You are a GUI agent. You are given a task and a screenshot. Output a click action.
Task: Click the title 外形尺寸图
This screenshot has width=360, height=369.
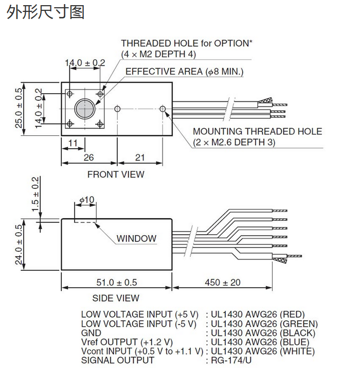pyautogui.click(x=45, y=12)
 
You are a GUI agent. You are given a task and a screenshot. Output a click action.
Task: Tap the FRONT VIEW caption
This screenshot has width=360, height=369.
pyautogui.click(x=116, y=174)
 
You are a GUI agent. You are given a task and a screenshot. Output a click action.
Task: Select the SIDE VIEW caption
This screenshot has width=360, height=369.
pyautogui.click(x=116, y=298)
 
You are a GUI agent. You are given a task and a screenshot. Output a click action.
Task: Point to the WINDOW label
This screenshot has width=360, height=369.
pyautogui.click(x=136, y=238)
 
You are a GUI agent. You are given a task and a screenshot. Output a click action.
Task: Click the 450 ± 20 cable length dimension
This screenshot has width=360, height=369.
pyautogui.click(x=223, y=282)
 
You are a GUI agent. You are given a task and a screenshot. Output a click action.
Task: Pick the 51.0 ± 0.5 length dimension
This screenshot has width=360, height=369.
pyautogui.click(x=117, y=282)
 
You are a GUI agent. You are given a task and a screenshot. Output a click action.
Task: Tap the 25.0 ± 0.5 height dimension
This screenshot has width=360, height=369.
pyautogui.click(x=19, y=108)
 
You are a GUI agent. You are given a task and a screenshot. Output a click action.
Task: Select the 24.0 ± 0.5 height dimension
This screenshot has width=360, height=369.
pyautogui.click(x=19, y=244)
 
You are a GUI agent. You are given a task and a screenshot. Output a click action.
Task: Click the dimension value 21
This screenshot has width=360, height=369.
pyautogui.click(x=140, y=157)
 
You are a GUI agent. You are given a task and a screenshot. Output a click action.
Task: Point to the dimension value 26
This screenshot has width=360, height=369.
pyautogui.click(x=89, y=157)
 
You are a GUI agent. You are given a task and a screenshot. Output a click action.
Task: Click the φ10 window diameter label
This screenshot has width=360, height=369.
pyautogui.click(x=87, y=200)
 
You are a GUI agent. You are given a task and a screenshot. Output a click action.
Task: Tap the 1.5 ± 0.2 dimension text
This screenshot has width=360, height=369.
pyautogui.click(x=35, y=194)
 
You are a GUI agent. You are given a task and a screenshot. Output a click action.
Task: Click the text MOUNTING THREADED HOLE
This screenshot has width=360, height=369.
pyautogui.click(x=257, y=131)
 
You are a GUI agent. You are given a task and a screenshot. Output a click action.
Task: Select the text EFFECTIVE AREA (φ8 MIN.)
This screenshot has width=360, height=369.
pyautogui.click(x=185, y=72)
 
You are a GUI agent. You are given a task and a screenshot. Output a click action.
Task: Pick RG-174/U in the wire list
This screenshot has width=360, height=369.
pyautogui.click(x=231, y=360)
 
